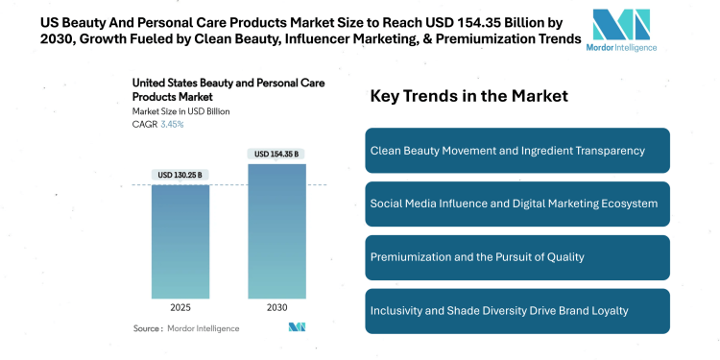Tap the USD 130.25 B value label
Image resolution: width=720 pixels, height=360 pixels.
coord(180,175)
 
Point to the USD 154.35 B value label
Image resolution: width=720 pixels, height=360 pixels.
coord(276,154)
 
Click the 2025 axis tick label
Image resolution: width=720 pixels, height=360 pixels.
coord(180,309)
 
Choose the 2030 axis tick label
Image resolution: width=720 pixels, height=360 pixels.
coord(276,309)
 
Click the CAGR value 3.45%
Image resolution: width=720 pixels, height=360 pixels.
coord(171,124)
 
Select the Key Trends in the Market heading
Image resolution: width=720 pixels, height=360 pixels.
coord(468,96)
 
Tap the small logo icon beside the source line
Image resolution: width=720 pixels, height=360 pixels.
coord(297,328)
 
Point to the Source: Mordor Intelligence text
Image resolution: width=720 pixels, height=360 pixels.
coord(186,328)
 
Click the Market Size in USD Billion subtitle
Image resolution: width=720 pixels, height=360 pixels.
coord(180,111)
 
